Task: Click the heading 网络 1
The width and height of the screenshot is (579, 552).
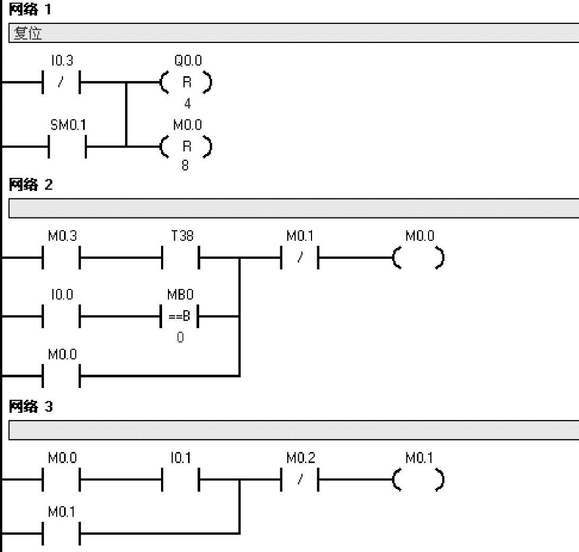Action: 30,10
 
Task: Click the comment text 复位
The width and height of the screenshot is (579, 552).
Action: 28,34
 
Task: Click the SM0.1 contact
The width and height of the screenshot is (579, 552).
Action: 67,146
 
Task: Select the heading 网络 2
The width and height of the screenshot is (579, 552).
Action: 30,185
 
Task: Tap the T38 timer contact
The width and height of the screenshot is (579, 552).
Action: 181,259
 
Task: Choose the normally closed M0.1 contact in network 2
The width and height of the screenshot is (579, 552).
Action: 300,259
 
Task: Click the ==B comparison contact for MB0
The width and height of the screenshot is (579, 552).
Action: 181,318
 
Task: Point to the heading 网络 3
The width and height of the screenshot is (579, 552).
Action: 30,407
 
